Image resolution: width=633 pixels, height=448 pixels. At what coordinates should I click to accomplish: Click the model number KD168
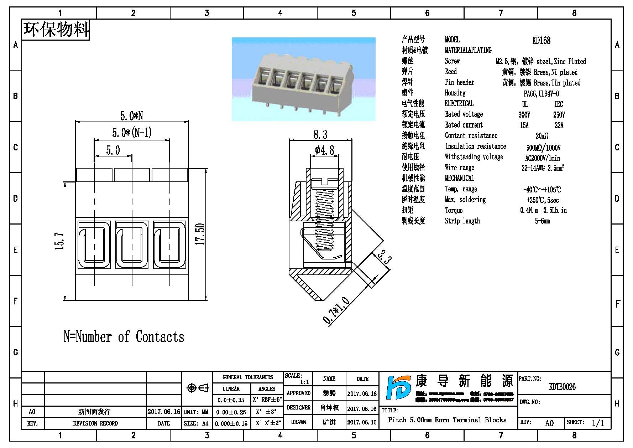coord(541,40)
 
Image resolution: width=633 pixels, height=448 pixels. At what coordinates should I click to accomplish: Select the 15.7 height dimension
coord(59,241)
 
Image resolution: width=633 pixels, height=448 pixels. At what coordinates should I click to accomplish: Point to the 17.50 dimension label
coord(201,234)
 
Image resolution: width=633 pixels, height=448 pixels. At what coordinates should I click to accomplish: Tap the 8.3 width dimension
coord(320,135)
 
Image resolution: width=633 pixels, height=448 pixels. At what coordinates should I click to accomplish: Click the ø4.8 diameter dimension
coord(324,150)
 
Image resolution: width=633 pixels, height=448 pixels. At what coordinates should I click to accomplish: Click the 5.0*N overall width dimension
coord(131,116)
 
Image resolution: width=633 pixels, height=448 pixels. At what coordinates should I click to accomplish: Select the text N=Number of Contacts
coord(124,337)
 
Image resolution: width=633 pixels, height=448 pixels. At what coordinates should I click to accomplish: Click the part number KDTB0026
coord(562,387)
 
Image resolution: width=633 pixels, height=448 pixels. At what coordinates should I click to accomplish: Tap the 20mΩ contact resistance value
coord(542,136)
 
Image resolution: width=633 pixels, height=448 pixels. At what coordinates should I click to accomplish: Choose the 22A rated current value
coord(559,125)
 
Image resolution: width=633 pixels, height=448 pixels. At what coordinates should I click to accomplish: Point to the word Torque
coord(454,210)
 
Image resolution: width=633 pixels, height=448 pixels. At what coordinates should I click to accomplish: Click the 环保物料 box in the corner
coord(56,29)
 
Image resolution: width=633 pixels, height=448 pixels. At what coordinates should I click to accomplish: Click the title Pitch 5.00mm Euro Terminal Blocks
coord(447,420)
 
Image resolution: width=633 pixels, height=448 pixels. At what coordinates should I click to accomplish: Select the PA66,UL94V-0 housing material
coord(541,93)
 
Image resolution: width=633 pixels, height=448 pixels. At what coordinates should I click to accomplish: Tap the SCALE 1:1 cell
coord(298,379)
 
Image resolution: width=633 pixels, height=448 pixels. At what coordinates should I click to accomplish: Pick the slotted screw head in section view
coord(324,183)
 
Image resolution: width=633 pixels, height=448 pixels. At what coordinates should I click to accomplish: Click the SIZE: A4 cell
coord(196,423)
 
